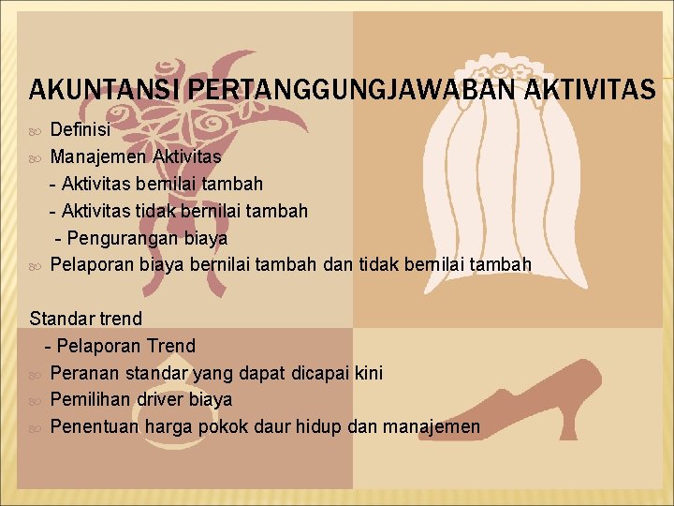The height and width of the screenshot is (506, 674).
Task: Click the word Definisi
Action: pos(81,128)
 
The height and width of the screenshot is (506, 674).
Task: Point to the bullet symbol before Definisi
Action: pos(36,129)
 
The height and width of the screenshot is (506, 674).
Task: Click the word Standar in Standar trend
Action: pos(62,319)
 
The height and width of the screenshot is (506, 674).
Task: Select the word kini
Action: pos(369,373)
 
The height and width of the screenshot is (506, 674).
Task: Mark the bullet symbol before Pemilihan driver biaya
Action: pos(36,401)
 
